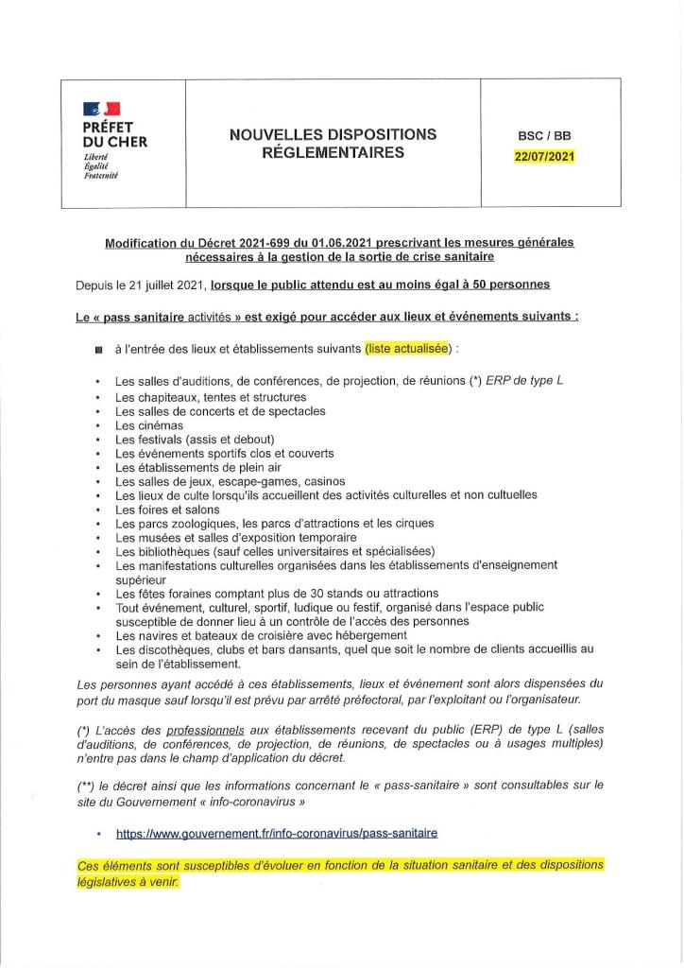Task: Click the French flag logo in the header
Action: click(x=101, y=111)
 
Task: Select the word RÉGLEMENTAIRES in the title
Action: click(x=333, y=152)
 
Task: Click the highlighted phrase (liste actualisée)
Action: click(x=408, y=349)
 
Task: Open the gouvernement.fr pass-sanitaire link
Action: click(x=277, y=833)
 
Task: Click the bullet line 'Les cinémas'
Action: click(x=149, y=425)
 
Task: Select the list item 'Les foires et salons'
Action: click(x=167, y=509)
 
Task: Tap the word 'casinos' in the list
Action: click(x=322, y=481)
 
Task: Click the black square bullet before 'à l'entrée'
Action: click(x=98, y=350)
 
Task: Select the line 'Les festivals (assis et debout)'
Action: click(x=195, y=440)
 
